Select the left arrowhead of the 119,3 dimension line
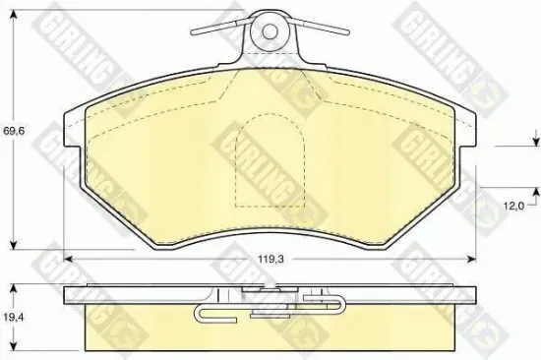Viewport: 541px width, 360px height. tap(69, 257)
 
